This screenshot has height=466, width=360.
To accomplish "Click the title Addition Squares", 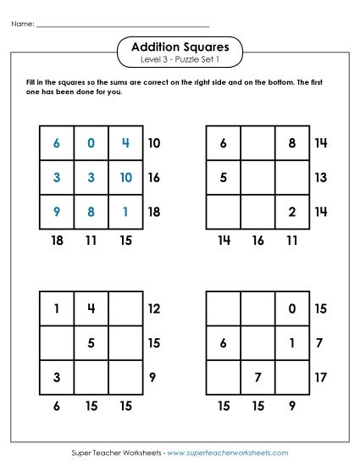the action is point(180,47).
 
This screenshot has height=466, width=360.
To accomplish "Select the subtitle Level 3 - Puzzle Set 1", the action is point(180,61).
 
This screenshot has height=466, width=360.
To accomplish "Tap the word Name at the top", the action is point(22,24).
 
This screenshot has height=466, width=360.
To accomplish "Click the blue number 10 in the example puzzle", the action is point(125,177).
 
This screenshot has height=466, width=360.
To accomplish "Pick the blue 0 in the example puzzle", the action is point(91,143).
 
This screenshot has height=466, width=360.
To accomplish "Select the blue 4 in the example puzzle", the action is point(125,143).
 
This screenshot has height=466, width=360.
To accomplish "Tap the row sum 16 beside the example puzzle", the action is point(154,178).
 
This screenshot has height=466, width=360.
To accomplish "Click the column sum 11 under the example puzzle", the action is point(91,241).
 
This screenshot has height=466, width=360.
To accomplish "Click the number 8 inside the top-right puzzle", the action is point(292,143).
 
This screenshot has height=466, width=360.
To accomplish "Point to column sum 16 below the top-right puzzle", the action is point(258,241).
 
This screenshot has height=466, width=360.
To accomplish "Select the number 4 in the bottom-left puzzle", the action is point(91,309).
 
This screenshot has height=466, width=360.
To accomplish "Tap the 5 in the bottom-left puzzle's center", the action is point(91,343).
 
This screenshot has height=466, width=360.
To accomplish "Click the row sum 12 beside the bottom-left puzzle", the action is point(154,309).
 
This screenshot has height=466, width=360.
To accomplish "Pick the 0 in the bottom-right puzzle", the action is point(292,309).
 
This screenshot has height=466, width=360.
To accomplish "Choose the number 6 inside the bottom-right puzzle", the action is point(224,343).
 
